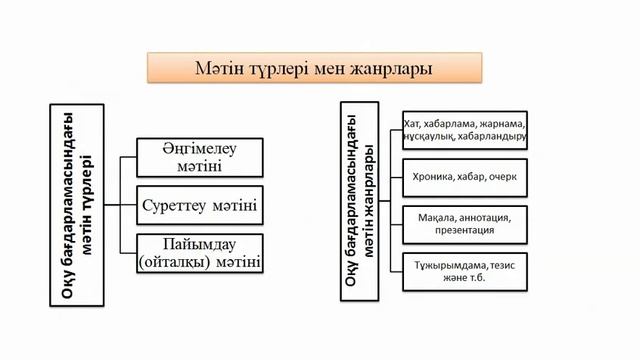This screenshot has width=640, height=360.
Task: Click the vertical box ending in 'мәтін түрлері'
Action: coord(74,201)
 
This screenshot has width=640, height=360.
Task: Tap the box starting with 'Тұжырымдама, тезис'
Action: coord(461,271)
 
